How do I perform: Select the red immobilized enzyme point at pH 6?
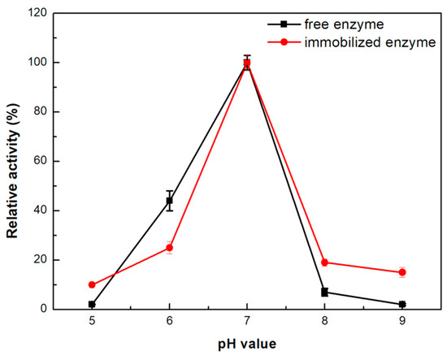click(170, 247)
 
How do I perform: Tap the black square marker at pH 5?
click(92, 304)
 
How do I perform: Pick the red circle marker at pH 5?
click(92, 284)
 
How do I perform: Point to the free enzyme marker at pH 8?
click(324, 292)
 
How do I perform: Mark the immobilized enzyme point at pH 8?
click(324, 262)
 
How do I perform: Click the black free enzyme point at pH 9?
click(401, 304)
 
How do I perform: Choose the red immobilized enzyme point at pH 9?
click(401, 272)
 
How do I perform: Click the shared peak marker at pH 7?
click(247, 63)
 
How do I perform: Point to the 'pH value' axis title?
click(247, 344)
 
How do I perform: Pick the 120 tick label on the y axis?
click(41, 13)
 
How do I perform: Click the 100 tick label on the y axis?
click(41, 63)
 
